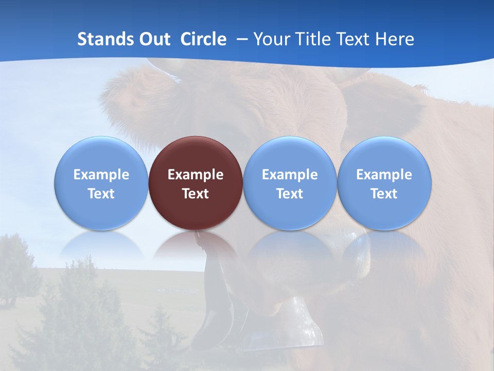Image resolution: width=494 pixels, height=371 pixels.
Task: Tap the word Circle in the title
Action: coord(203,39)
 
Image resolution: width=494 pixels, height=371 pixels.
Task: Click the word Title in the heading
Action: coord(313,39)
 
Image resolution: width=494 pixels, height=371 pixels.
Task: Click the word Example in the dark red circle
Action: coord(196,175)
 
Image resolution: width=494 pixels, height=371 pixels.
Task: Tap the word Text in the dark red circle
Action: coord(196,194)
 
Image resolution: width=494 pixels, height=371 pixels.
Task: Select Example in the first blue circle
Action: coord(101,175)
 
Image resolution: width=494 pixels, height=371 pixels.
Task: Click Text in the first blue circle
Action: coord(101,194)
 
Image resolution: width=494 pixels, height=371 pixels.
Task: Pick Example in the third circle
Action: coord(290,175)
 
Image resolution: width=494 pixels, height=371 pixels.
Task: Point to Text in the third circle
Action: coord(290,194)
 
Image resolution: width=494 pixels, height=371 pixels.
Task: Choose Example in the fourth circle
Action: coord(384,175)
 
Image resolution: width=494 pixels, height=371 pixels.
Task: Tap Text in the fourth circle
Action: coord(384,194)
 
